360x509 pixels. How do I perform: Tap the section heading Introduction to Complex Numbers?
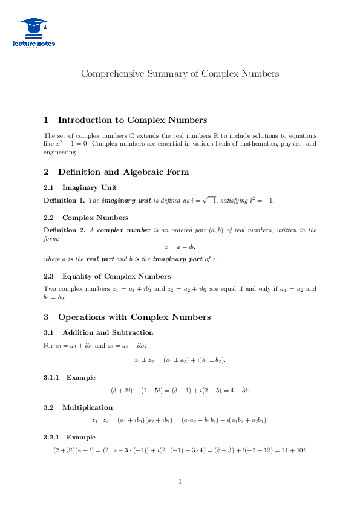coord(132,120)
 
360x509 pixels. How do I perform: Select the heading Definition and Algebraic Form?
coord(123,172)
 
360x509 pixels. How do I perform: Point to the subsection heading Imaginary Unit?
coord(90,187)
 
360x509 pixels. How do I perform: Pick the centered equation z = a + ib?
coord(180,247)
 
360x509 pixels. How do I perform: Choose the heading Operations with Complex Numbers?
coord(134,317)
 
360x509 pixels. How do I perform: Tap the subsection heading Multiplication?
coord(87,407)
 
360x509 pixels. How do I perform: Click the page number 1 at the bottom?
coord(180,482)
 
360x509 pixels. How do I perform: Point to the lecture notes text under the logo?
coord(33,44)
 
